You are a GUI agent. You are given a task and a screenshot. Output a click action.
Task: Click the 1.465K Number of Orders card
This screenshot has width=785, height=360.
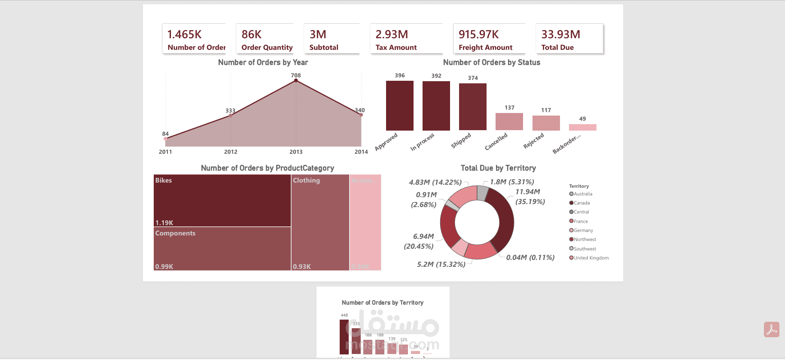[194, 39]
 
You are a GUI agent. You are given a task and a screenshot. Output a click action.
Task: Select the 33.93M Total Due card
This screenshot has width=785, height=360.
[569, 39]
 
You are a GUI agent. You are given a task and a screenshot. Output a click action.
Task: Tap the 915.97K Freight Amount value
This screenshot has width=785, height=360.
[478, 34]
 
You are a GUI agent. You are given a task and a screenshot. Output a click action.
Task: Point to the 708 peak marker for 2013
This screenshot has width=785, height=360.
[296, 80]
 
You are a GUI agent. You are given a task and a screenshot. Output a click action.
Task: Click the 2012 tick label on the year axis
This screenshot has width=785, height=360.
[231, 152]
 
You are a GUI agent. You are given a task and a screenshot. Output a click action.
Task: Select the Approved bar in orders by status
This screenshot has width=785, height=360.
[399, 106]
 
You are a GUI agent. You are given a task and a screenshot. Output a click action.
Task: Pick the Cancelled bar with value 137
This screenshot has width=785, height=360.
[509, 122]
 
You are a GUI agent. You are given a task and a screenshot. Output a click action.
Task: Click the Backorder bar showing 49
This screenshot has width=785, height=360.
[582, 127]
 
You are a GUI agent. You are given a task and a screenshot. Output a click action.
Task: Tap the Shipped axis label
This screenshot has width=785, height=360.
[461, 140]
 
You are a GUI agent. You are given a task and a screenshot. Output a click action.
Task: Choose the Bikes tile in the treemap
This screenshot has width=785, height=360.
[222, 200]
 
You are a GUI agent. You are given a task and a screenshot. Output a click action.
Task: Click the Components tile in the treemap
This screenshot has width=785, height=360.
[222, 249]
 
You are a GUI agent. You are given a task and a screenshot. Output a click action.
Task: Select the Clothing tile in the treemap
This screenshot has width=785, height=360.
[320, 222]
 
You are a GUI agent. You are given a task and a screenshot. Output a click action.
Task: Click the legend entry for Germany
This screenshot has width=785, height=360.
[583, 230]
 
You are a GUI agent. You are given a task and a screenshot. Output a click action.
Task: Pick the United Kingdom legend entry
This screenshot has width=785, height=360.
[591, 258]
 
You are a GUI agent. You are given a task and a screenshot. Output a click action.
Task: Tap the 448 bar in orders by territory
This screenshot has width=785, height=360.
[344, 337]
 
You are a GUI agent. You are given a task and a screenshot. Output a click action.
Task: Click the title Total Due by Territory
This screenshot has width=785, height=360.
[498, 168]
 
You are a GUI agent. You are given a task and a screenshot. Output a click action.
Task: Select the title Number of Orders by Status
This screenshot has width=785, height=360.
[491, 62]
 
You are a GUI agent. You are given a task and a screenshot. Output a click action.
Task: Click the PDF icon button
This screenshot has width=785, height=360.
[771, 329]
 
